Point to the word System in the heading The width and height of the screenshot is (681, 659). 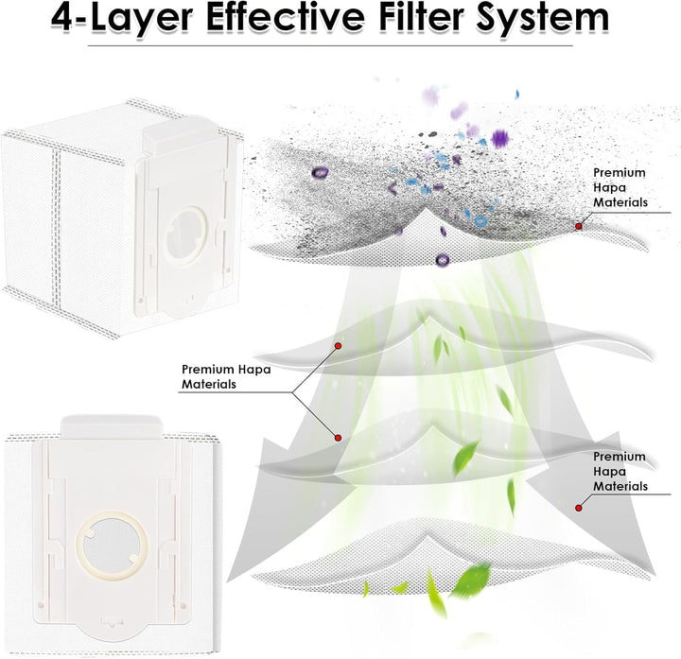(543, 20)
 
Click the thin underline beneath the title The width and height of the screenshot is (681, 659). (330, 45)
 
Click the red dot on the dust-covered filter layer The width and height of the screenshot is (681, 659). (579, 226)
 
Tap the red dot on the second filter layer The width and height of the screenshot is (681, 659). (338, 346)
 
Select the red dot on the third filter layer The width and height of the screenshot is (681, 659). (338, 438)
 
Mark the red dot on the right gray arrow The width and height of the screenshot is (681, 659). (579, 508)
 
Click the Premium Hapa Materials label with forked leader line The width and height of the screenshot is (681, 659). (226, 376)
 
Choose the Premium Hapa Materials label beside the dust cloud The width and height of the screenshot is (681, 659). (620, 187)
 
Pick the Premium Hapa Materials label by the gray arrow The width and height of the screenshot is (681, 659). (620, 471)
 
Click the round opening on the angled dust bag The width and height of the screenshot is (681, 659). (185, 235)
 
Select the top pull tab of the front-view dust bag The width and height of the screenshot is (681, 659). (112, 425)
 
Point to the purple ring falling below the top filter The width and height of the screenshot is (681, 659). (442, 260)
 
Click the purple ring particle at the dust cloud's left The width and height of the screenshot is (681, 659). (320, 173)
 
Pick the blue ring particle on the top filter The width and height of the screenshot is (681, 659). (480, 221)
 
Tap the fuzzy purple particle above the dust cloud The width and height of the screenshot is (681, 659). (500, 138)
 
